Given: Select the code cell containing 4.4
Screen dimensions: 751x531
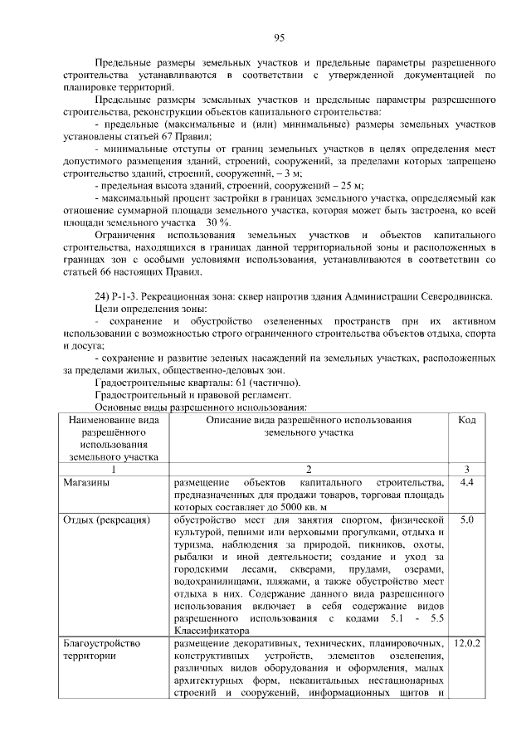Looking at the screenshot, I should pyautogui.click(x=466, y=482).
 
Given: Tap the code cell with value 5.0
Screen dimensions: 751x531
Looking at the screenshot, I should pyautogui.click(x=466, y=520).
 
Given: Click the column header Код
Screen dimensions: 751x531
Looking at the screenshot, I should pyautogui.click(x=466, y=421).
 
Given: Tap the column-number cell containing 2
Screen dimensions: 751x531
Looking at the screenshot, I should pyautogui.click(x=308, y=469).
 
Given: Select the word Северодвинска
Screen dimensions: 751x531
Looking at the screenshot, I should pyautogui.click(x=454, y=297).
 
